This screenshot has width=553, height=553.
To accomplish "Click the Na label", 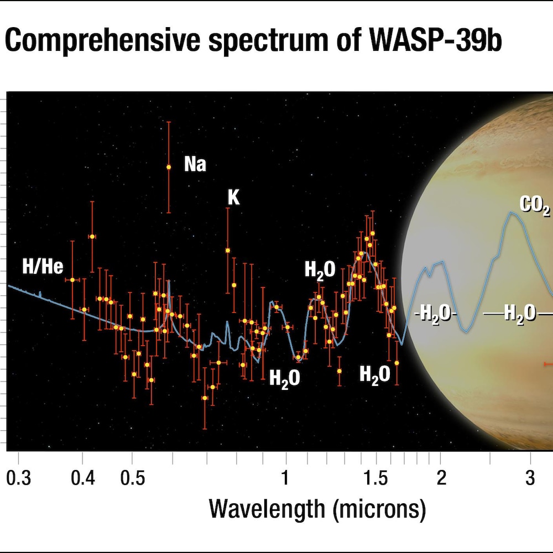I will coord(195,164).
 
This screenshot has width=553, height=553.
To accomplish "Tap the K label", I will coord(234,197).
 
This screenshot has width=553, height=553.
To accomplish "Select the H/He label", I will coord(43,267).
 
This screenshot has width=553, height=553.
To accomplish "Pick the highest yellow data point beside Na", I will coord(169,167).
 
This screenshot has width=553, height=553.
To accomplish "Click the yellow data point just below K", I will coord(227,251).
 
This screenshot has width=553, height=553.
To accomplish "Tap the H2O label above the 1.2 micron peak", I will coord(320,270).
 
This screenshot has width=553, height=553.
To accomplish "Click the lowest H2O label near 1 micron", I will coord(284,378).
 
